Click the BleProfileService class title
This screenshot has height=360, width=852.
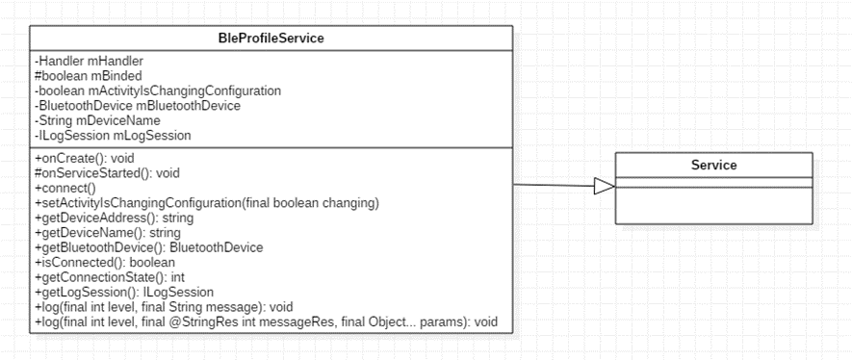click(271, 38)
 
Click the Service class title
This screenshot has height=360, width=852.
click(714, 165)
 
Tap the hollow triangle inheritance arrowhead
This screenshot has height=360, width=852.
click(605, 187)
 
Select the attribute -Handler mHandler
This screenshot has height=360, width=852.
click(89, 62)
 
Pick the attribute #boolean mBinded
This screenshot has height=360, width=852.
click(88, 76)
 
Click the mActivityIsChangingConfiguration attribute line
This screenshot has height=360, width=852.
click(158, 90)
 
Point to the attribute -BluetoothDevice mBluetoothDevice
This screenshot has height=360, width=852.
click(137, 105)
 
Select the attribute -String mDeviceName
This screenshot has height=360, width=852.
click(96, 120)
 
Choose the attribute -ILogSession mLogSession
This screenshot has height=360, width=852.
click(113, 135)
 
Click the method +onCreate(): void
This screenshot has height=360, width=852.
click(84, 159)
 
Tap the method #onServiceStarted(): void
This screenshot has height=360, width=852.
click(107, 173)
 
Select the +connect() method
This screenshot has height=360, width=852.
click(65, 189)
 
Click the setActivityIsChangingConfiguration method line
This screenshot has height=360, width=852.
click(206, 203)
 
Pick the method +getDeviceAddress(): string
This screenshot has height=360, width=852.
click(114, 218)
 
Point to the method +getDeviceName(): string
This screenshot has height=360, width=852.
click(108, 232)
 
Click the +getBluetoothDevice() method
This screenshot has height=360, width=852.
click(149, 247)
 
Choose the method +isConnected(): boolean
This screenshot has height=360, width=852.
click(105, 262)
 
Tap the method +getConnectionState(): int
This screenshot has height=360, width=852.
click(109, 277)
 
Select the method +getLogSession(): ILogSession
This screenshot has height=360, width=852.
click(124, 292)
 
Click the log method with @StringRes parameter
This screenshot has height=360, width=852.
click(266, 321)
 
